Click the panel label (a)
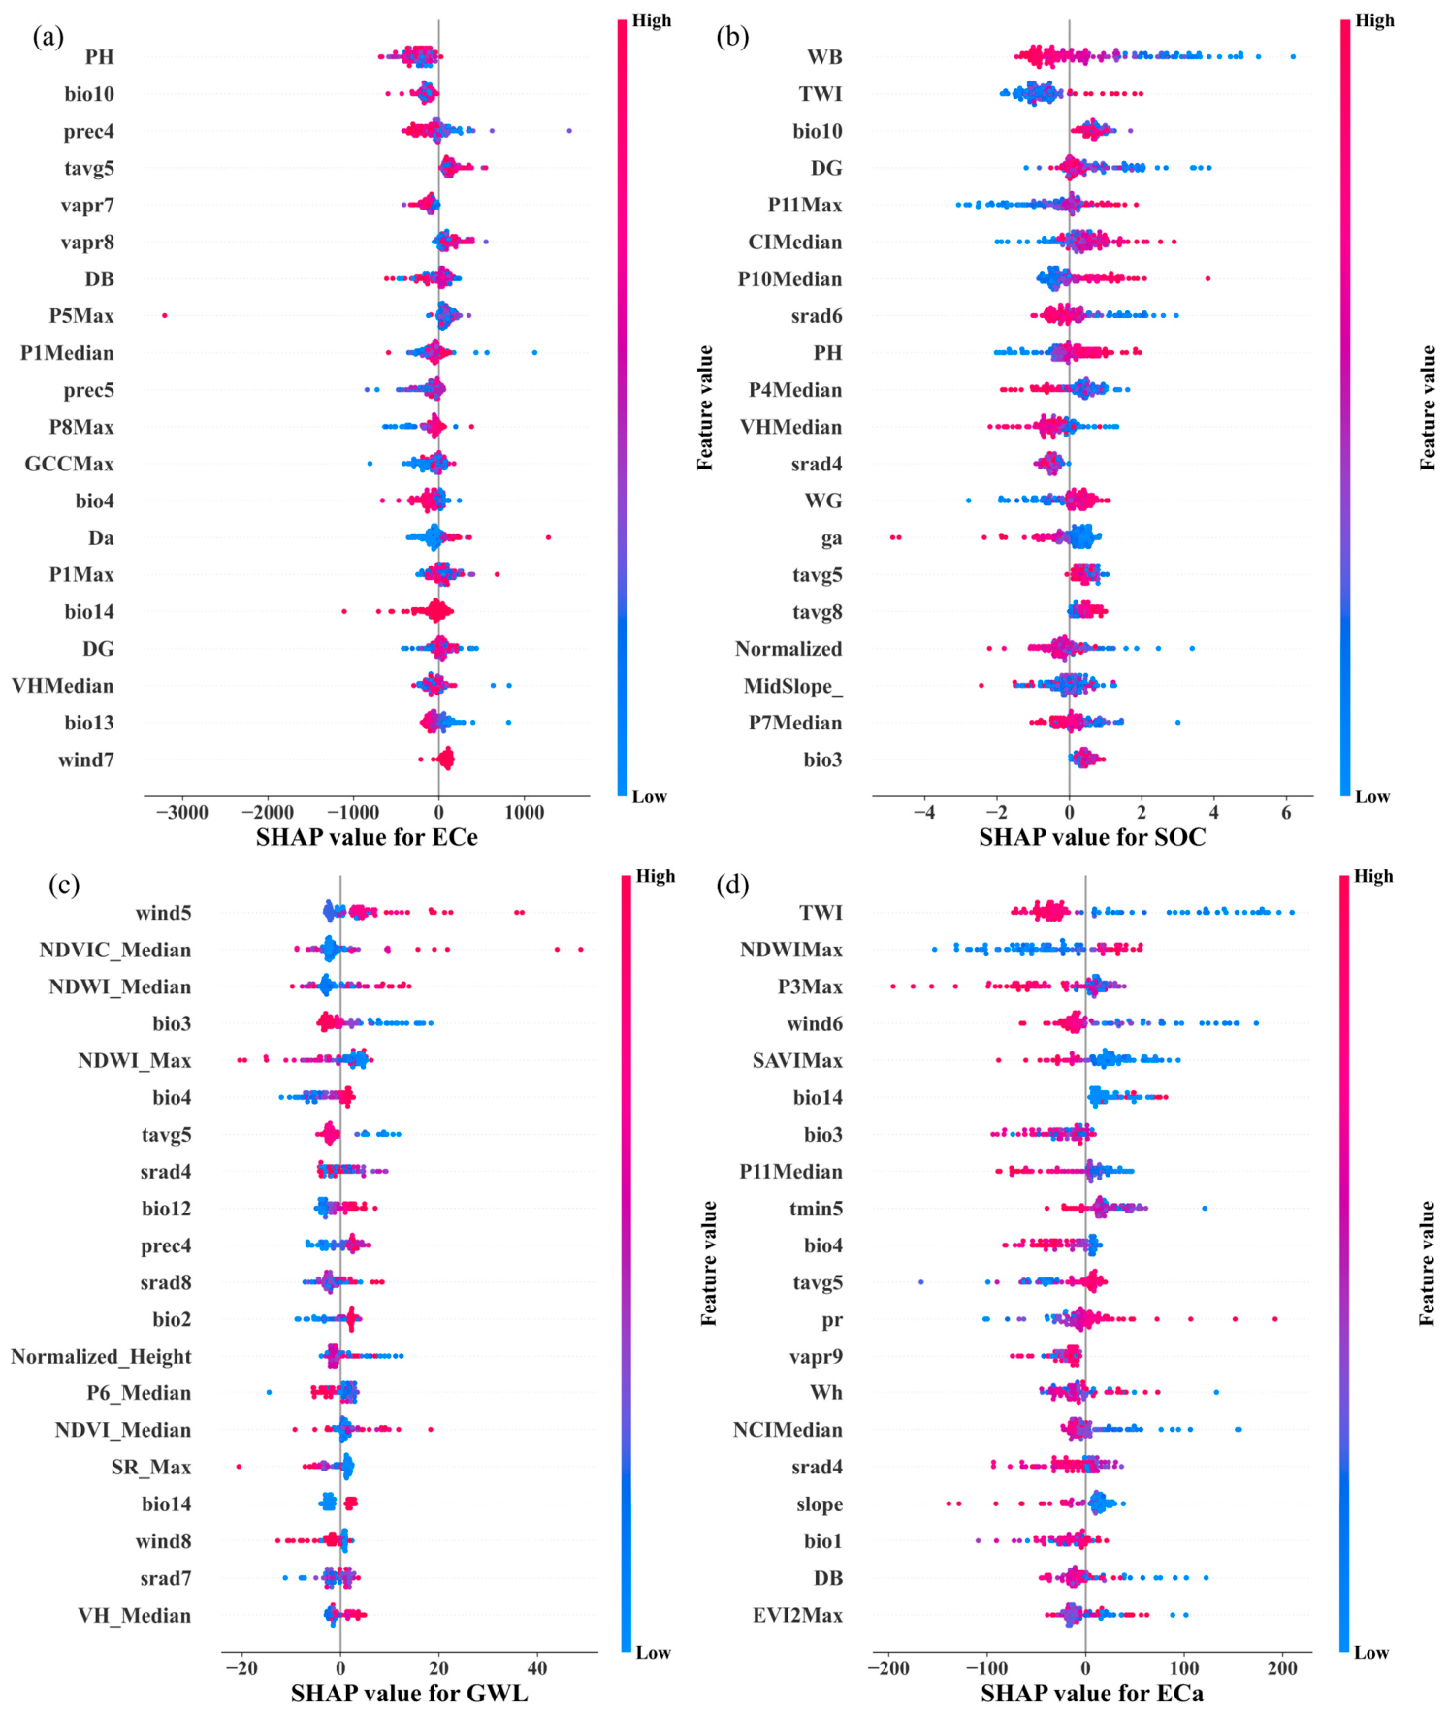(x=48, y=37)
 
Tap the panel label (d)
(x=732, y=885)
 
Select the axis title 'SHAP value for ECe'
(x=367, y=837)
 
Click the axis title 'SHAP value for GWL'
(x=409, y=1693)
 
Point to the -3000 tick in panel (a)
(x=181, y=812)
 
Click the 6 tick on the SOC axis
(x=1286, y=812)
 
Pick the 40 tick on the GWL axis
(x=537, y=1668)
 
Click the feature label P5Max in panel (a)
(x=81, y=316)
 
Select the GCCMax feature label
(x=69, y=464)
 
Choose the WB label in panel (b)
(x=824, y=57)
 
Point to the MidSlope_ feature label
(x=792, y=687)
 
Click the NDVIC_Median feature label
(x=114, y=950)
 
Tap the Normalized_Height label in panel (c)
(x=101, y=1357)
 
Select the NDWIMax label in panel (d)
(x=790, y=950)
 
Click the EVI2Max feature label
(x=797, y=1615)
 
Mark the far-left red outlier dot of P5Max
(x=164, y=315)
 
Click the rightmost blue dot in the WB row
(x=1293, y=56)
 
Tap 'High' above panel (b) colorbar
(x=1374, y=20)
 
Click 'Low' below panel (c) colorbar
(x=653, y=1653)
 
